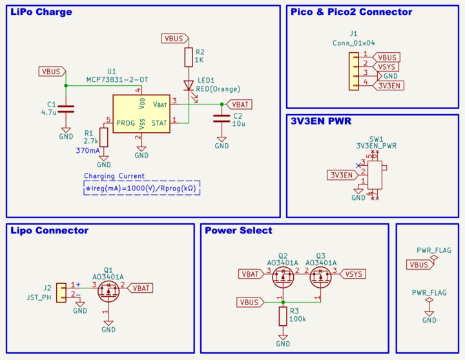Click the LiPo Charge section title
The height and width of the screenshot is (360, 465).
coord(41,12)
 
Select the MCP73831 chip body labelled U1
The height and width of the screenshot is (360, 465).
coord(141,114)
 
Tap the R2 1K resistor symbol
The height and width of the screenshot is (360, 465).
coord(189,57)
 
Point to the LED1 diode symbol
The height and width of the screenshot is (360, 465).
coord(189,85)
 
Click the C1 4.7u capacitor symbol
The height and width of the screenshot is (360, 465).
coord(66,109)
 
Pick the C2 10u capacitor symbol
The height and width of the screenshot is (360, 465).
coord(222,118)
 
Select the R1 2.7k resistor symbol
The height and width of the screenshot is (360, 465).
coord(104,137)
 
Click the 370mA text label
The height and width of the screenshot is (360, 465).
coord(87,150)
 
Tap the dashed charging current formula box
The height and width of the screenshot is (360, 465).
coord(142,188)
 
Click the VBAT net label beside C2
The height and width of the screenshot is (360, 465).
coord(240,104)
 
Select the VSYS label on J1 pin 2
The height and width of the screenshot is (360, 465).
coord(387,66)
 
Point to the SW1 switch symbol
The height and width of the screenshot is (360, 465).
coord(374,175)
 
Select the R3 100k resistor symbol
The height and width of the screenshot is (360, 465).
coord(283,316)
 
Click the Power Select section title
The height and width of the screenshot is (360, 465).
coord(238,230)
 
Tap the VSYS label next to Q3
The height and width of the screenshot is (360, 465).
coord(354,274)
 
